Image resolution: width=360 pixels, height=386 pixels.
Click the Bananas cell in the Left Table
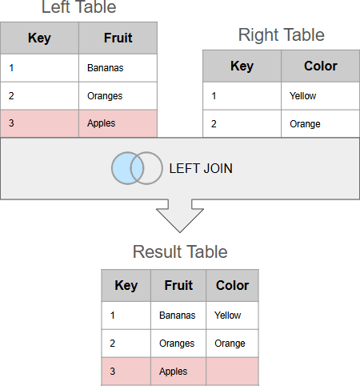[x=118, y=68]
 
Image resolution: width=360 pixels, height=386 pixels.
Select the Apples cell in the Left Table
[x=118, y=123]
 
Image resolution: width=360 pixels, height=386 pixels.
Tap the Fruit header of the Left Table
[x=118, y=38]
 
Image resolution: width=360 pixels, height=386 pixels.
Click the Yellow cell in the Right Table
[x=320, y=96]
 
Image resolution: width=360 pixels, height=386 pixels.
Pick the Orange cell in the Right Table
[x=320, y=124]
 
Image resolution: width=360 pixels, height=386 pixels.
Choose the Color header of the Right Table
[x=320, y=66]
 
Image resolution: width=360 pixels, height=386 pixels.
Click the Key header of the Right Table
[x=242, y=66]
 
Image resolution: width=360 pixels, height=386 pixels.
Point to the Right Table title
[x=282, y=34]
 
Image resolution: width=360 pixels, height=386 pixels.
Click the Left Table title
[x=78, y=6]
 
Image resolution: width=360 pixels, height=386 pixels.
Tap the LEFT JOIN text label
[x=201, y=168]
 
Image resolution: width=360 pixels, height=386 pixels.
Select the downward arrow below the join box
[x=180, y=215]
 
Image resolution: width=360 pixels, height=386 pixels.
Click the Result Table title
[x=180, y=251]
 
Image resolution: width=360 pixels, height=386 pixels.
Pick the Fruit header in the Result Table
[x=178, y=285]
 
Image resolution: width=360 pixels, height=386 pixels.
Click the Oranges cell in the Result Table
[x=178, y=344]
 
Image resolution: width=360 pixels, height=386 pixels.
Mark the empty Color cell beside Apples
[x=232, y=372]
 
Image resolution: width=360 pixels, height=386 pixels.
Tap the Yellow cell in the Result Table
[x=232, y=316]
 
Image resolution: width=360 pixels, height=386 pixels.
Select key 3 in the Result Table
[x=113, y=372]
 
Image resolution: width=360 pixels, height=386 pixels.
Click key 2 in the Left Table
[x=11, y=96]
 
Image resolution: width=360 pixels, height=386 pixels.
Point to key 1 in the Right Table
[x=214, y=96]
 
